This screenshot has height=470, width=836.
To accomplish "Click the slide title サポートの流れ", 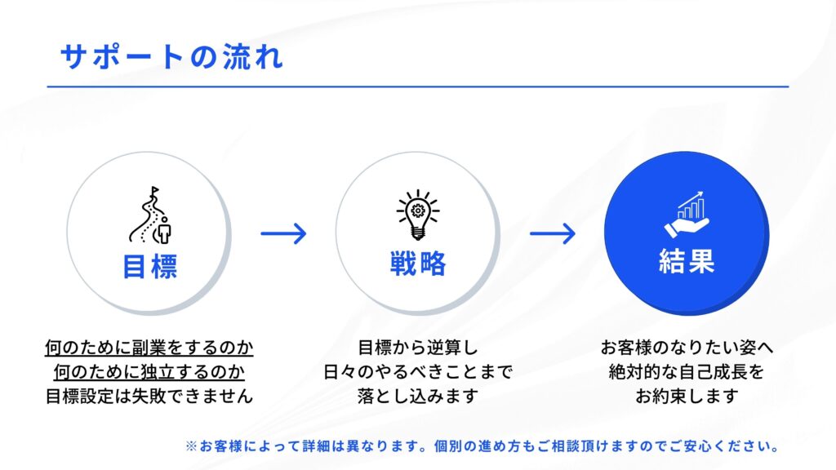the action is [171, 56].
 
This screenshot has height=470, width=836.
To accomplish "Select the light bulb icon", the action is [418, 215].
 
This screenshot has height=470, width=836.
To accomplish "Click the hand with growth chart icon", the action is [687, 215].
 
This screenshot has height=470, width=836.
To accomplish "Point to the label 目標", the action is [150, 266].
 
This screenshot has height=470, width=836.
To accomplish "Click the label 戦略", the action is [418, 264].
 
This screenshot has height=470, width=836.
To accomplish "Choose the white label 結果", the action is [687, 261].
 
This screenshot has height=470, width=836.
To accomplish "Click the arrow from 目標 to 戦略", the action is [283, 233].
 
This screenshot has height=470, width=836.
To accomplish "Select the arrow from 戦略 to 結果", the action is [553, 233].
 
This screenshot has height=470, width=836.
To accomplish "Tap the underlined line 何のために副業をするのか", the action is [149, 348].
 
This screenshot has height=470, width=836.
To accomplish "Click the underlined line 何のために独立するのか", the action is [149, 372].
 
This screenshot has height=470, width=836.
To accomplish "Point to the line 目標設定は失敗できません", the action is [149, 396].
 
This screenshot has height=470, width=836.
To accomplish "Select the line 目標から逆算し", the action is [417, 348].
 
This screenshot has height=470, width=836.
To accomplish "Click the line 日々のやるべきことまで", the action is [417, 372].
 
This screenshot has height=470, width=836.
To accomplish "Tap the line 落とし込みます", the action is [417, 396].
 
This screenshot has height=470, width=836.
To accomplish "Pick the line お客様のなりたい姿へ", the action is [687, 348].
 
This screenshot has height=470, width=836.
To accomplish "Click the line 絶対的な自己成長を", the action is [687, 372].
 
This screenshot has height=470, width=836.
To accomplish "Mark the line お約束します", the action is [687, 396].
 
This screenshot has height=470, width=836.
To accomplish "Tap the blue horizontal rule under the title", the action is [418, 86].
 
